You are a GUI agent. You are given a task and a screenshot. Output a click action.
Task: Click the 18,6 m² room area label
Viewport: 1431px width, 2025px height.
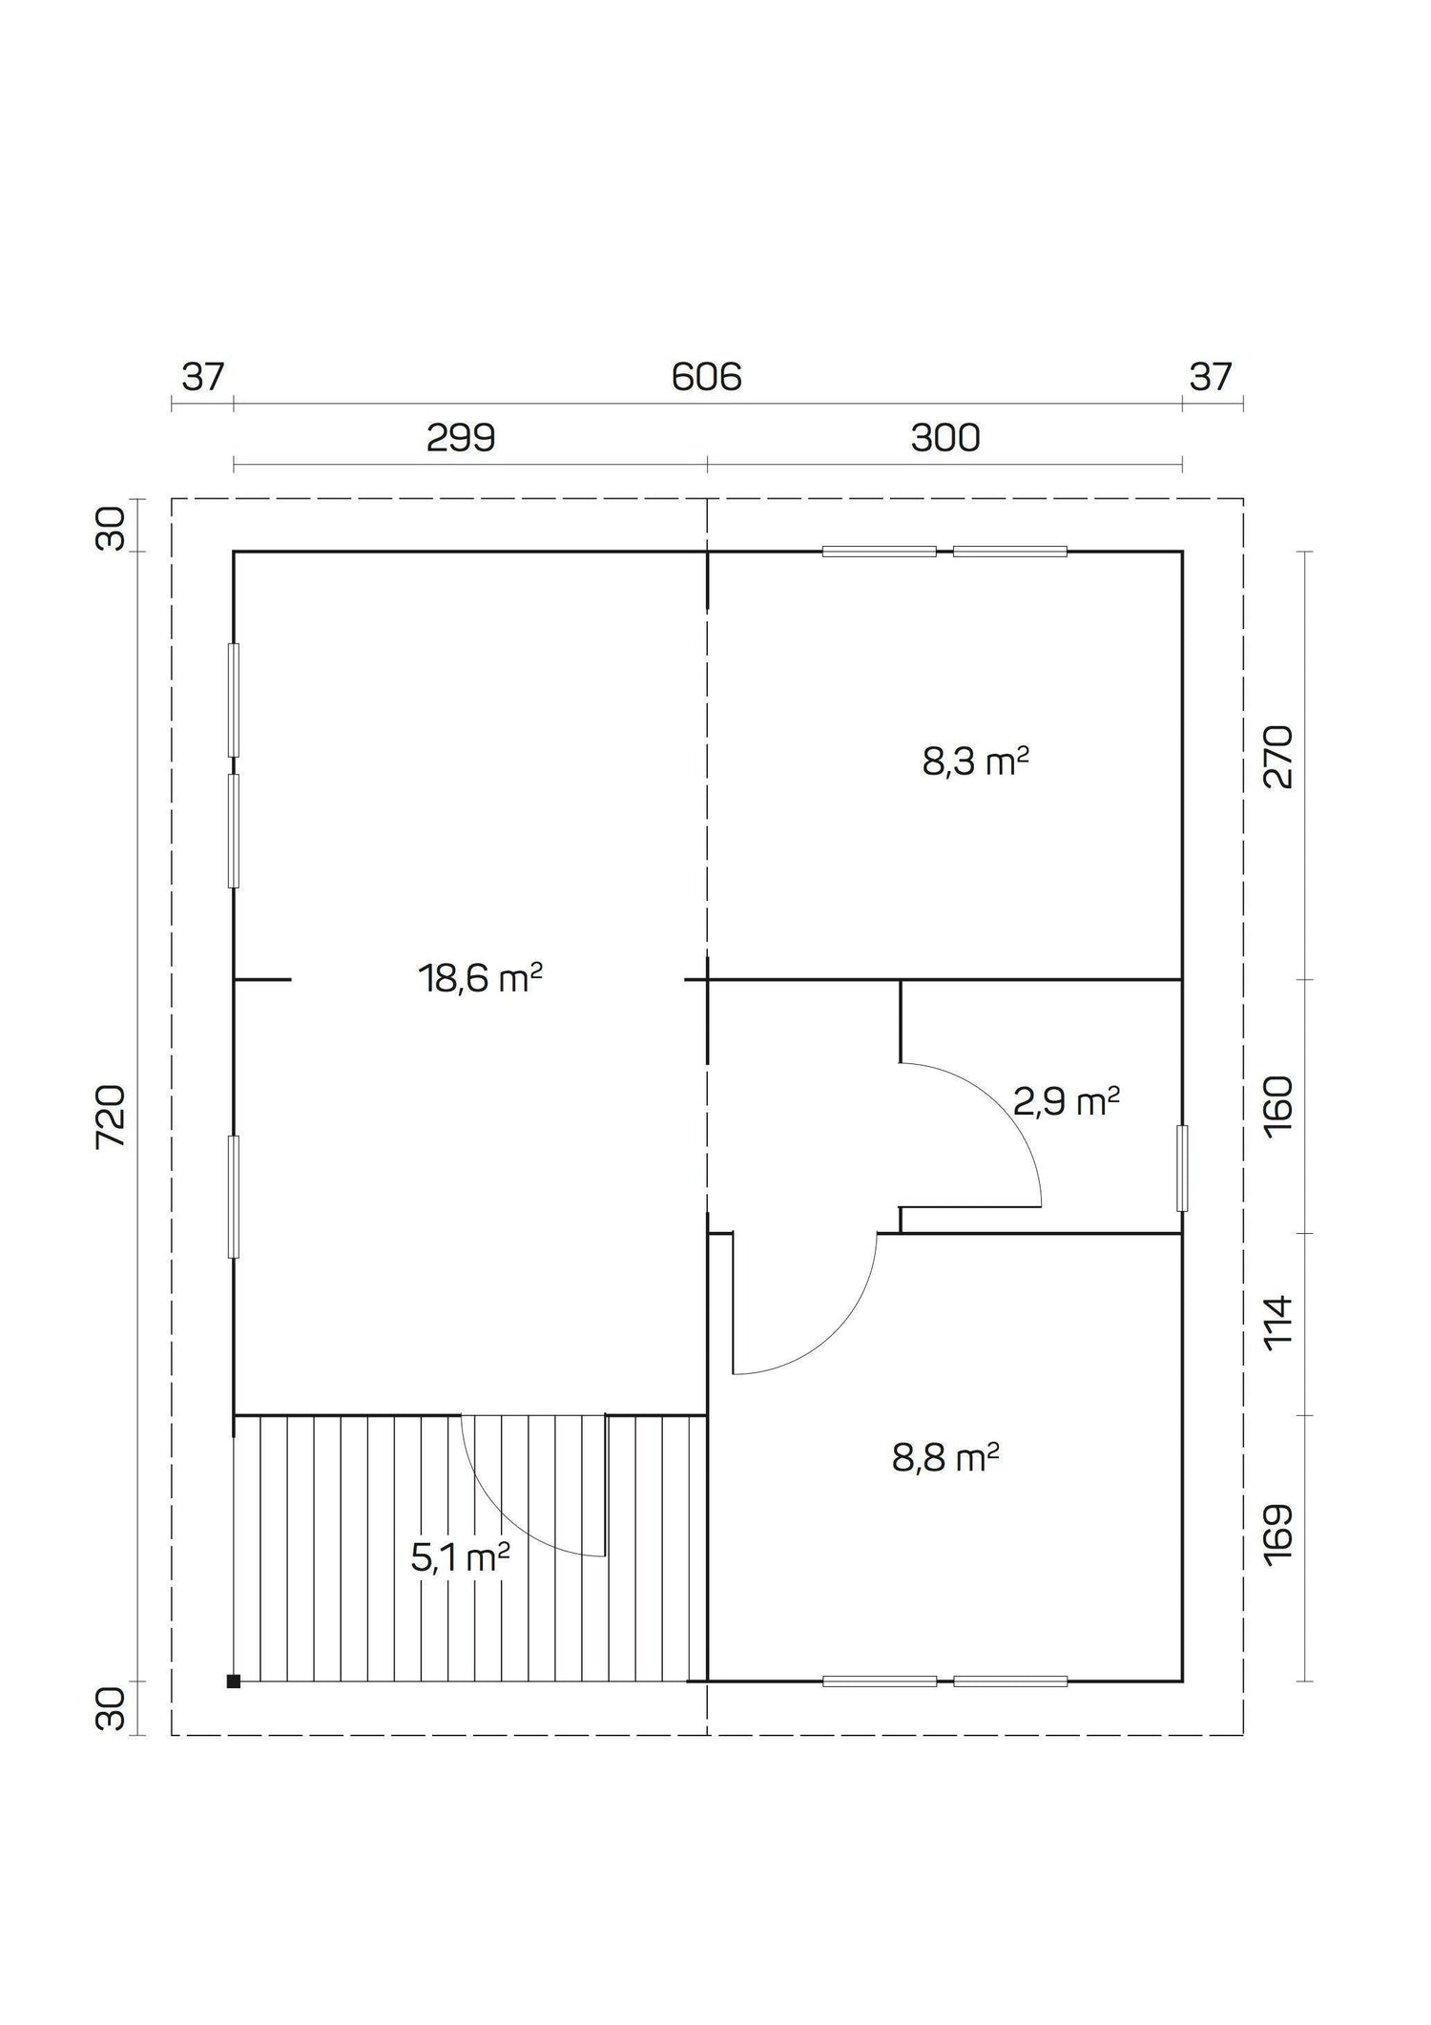click(480, 978)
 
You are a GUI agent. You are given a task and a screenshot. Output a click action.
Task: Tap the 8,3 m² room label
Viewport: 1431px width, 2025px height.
click(975, 762)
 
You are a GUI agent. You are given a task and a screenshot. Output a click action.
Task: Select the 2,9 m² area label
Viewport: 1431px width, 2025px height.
click(1066, 1102)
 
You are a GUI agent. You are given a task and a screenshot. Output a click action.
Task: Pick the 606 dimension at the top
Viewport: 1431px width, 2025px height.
click(706, 378)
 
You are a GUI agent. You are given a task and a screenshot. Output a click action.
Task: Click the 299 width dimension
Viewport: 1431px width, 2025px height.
click(461, 438)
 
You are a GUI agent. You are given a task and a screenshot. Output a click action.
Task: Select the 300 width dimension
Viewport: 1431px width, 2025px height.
click(945, 438)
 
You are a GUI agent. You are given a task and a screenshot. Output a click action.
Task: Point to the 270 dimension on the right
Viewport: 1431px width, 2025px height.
click(1278, 757)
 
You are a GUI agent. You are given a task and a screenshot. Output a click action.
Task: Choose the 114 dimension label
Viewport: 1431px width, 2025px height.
click(1278, 1321)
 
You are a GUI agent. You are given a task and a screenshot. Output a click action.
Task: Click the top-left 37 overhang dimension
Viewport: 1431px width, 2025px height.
click(203, 378)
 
